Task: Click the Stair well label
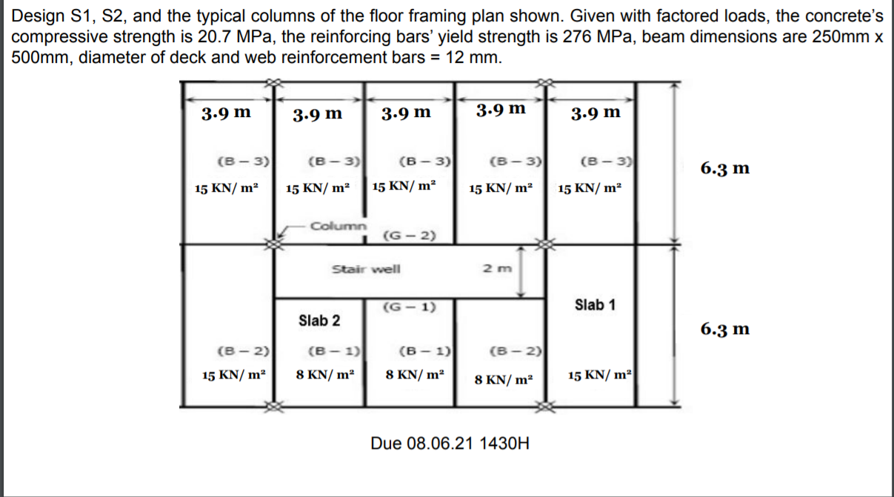click(366, 268)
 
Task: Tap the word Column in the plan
click(338, 224)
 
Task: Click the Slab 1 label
click(595, 304)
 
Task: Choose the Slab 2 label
click(319, 321)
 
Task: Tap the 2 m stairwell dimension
click(494, 269)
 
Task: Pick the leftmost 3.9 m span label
click(225, 113)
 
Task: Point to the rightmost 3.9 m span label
click(596, 113)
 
